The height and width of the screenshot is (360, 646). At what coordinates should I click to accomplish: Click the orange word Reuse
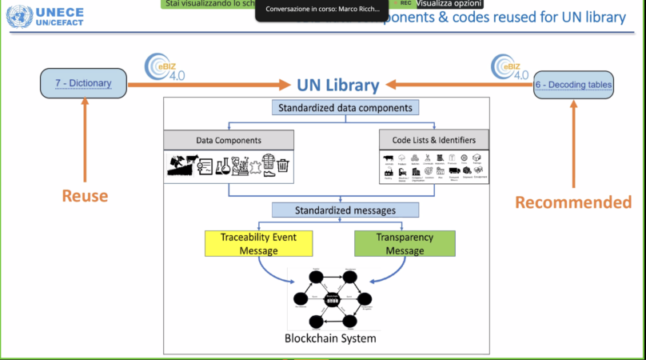[x=86, y=196]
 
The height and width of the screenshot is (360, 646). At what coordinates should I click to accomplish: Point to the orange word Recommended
[x=572, y=202]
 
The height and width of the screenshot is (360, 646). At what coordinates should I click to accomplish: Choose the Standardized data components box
[x=345, y=107]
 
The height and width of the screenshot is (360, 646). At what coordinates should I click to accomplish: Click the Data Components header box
[x=228, y=140]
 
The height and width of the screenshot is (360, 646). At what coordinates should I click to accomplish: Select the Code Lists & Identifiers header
[x=434, y=140]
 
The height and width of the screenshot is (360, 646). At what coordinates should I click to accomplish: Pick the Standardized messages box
[x=345, y=210]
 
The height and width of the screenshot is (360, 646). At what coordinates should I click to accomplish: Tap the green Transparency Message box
[x=405, y=244]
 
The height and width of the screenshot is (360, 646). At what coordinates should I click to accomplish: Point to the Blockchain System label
[x=330, y=338]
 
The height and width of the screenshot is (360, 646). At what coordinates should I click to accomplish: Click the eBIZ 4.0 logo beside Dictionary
[x=165, y=68]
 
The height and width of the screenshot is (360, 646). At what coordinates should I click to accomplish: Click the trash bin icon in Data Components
[x=282, y=167]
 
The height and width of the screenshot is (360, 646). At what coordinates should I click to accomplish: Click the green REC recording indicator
[x=405, y=4]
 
